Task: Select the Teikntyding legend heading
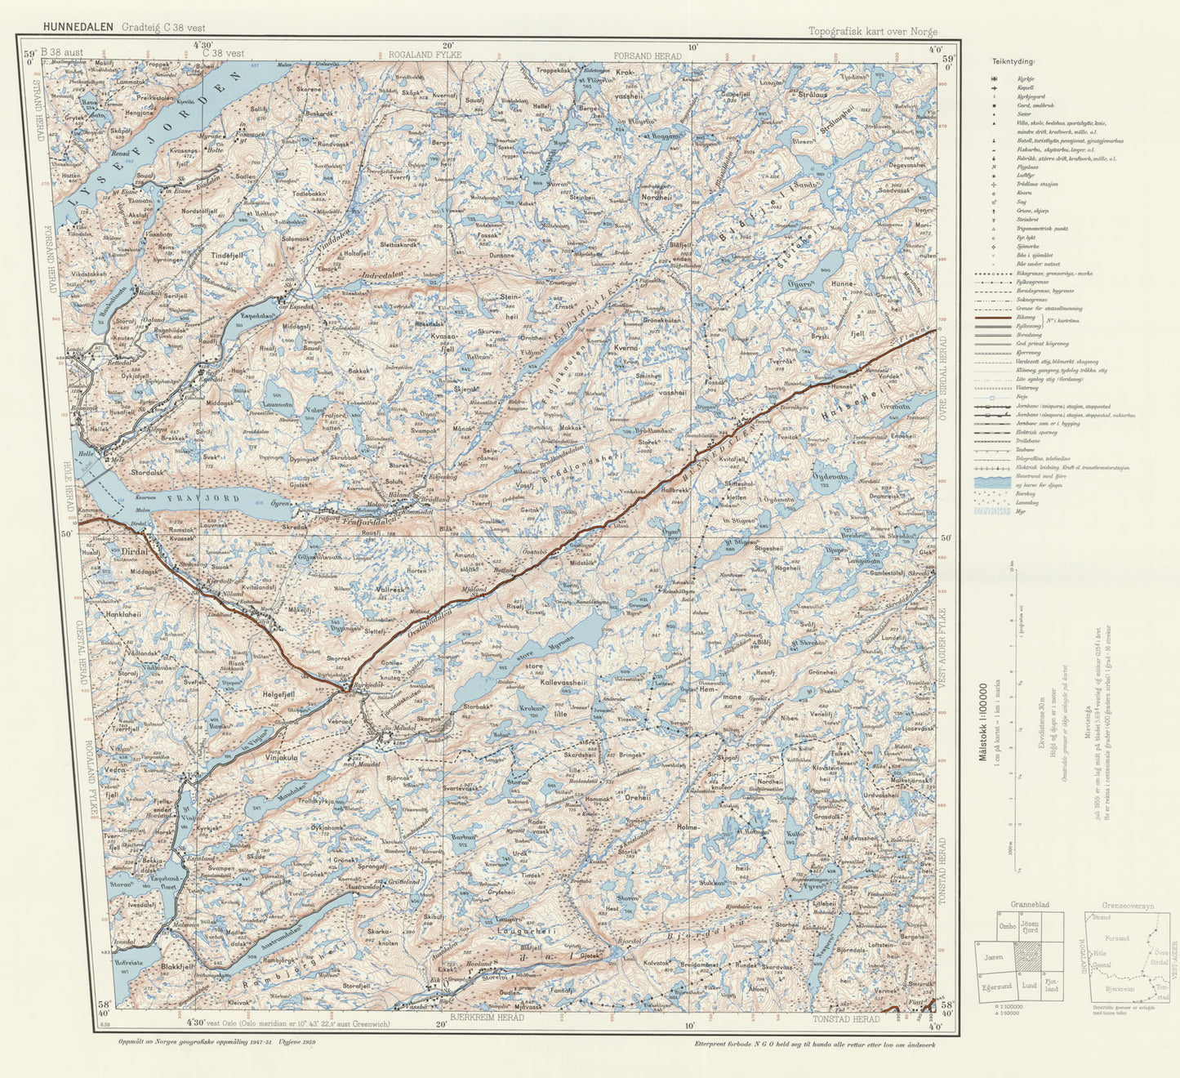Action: click(x=1013, y=61)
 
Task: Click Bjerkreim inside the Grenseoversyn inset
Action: click(x=1120, y=987)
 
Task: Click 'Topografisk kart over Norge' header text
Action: click(x=872, y=32)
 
